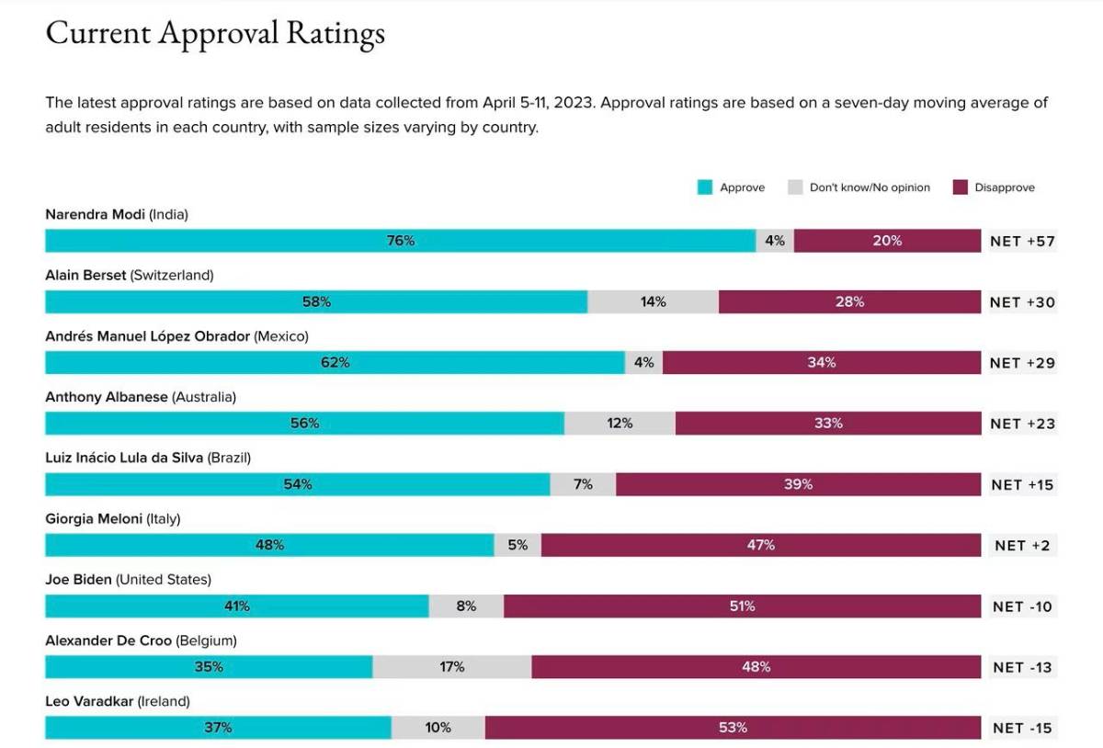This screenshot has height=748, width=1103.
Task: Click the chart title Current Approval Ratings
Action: (x=215, y=34)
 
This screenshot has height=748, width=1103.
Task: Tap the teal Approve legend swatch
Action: (x=705, y=187)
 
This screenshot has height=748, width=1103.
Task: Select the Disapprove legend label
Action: (x=1005, y=187)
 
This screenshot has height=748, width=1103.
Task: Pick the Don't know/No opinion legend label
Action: (x=870, y=187)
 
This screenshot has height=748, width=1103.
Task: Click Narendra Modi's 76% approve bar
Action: (x=400, y=241)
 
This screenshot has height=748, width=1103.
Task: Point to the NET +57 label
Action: (x=1022, y=242)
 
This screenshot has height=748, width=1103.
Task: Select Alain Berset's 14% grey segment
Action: (x=653, y=301)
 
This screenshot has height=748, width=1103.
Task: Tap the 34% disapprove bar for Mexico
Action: (x=821, y=363)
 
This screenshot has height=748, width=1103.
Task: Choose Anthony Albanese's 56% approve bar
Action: (x=304, y=424)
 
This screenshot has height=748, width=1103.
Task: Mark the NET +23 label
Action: (x=1022, y=424)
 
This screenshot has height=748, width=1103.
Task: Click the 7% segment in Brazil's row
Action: (x=583, y=484)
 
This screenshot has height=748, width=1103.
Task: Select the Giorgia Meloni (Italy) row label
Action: (x=113, y=518)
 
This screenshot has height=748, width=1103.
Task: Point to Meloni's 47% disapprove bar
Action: (x=760, y=545)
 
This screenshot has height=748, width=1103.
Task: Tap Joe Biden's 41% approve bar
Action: (x=236, y=606)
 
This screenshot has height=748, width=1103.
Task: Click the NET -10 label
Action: (x=1022, y=606)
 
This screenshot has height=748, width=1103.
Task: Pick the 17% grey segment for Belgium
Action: (x=451, y=667)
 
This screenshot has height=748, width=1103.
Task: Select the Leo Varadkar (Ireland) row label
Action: (x=118, y=701)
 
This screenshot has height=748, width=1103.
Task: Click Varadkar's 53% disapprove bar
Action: (x=733, y=728)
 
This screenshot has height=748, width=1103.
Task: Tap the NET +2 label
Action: (x=1022, y=546)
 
